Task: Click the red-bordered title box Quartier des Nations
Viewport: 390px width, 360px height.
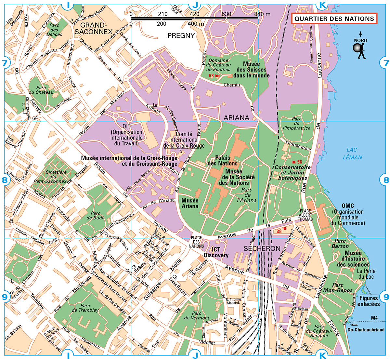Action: coord(334,19)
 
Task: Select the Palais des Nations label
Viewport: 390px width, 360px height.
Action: coord(222,160)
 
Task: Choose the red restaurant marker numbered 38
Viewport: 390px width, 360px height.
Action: coord(281,231)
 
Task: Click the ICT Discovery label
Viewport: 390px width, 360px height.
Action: coord(216,252)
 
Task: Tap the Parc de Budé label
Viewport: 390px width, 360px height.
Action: coord(96,216)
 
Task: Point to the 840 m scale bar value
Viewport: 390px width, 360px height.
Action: coord(262,14)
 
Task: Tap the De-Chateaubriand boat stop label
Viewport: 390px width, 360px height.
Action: coord(366,329)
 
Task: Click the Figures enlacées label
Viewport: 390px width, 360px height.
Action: coord(368,301)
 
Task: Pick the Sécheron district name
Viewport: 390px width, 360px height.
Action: coord(262,248)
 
